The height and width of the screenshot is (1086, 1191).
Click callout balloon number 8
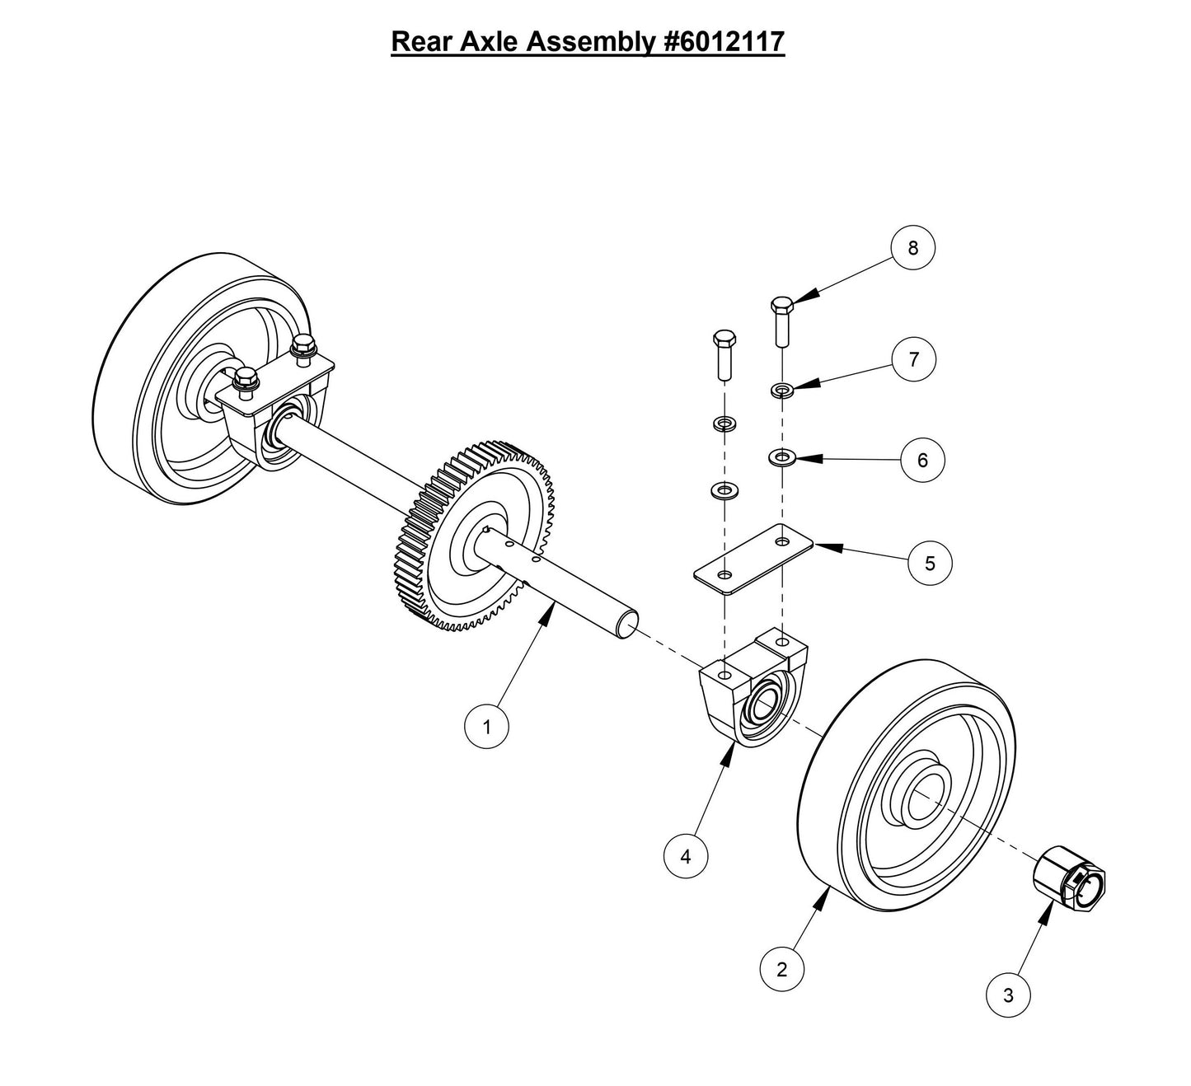912,247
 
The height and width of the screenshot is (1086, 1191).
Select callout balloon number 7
912,359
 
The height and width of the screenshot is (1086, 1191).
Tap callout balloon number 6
922,460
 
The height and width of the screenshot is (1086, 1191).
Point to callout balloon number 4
686,856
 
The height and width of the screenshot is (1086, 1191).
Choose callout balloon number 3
1008,995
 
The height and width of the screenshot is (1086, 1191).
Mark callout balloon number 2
781,969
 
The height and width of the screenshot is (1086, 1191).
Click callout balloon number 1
486,727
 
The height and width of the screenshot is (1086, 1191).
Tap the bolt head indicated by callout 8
782,304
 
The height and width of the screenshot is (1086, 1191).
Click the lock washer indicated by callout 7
782,389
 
